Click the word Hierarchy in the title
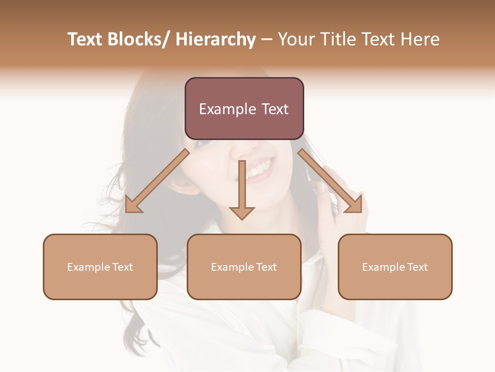[x=216, y=39]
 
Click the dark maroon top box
[x=244, y=109]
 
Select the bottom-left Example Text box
[x=100, y=267]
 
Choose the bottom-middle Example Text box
[x=244, y=267]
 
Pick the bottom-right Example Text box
[x=395, y=267]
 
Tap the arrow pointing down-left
[x=157, y=181]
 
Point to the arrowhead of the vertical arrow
[x=242, y=212]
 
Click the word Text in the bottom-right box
[x=417, y=267]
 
